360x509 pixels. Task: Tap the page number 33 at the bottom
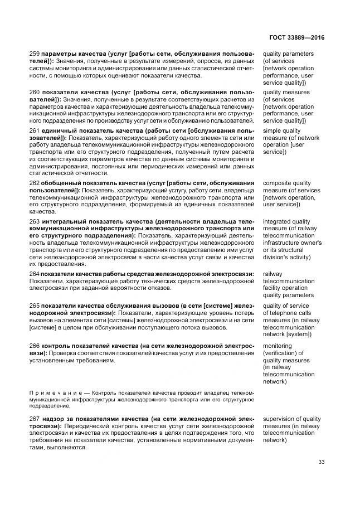click(321, 461)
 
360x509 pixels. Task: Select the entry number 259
click(35, 54)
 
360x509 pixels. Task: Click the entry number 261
click(35, 131)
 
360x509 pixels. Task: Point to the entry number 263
click(35, 221)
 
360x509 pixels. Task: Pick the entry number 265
click(35, 306)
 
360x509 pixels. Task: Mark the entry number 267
click(35, 419)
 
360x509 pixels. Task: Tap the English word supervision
click(281, 419)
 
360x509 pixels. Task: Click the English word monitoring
click(279, 346)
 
